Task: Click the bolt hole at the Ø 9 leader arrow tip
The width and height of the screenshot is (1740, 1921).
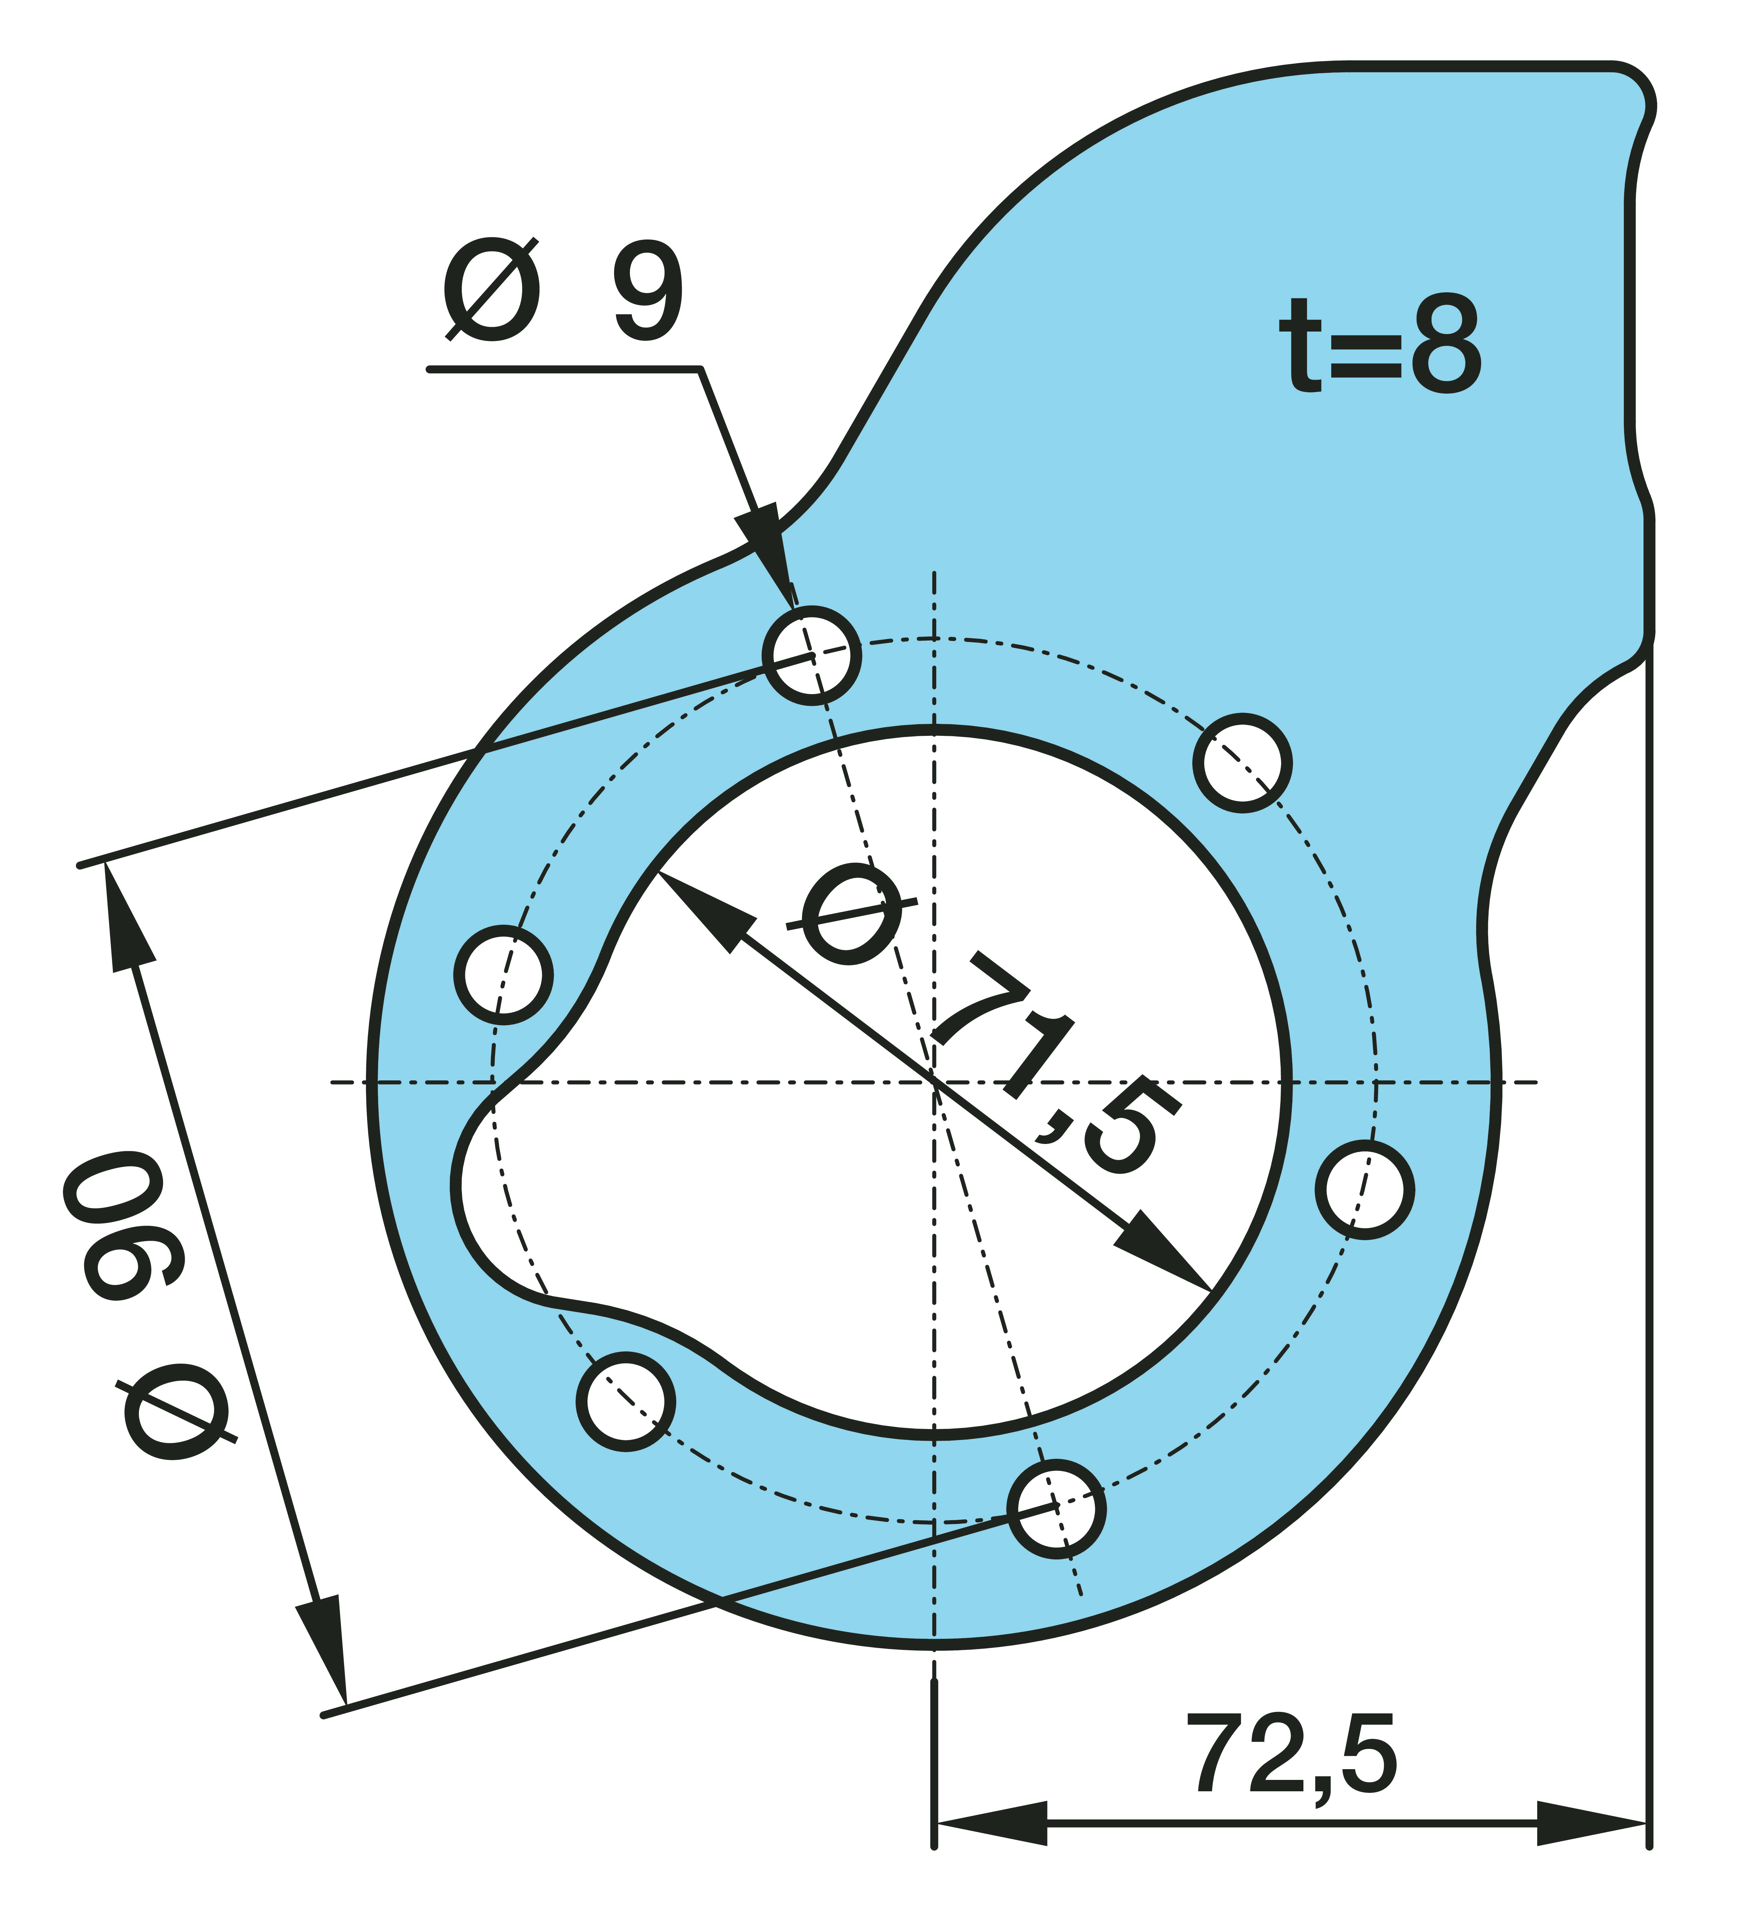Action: (x=812, y=656)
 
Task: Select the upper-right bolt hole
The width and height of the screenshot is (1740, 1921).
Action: (x=1242, y=762)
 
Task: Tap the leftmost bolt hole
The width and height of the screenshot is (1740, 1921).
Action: (x=503, y=975)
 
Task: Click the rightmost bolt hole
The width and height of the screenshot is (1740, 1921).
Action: (x=1364, y=1190)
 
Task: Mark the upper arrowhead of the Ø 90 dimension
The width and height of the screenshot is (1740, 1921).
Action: (x=126, y=915)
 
